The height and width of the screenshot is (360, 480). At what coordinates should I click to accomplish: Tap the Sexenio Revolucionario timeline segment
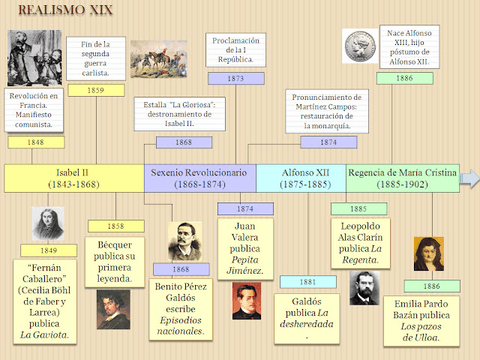click(x=199, y=178)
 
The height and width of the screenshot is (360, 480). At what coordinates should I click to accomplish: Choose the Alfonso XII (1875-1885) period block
click(x=300, y=178)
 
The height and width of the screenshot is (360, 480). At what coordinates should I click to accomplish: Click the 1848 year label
click(x=35, y=142)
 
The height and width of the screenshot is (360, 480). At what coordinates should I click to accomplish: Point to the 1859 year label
click(x=97, y=90)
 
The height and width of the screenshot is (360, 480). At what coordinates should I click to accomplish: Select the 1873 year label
click(x=235, y=77)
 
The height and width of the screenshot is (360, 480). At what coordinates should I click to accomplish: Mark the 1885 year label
click(x=358, y=208)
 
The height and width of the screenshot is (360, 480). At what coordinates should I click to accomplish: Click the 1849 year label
click(x=48, y=250)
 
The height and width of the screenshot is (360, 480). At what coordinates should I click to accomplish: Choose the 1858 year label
click(x=116, y=226)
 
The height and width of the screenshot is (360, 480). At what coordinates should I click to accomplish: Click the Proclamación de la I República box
click(x=235, y=48)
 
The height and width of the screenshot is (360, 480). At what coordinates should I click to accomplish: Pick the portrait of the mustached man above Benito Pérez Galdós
click(x=183, y=241)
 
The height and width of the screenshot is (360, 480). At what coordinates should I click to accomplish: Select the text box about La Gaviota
click(x=47, y=300)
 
